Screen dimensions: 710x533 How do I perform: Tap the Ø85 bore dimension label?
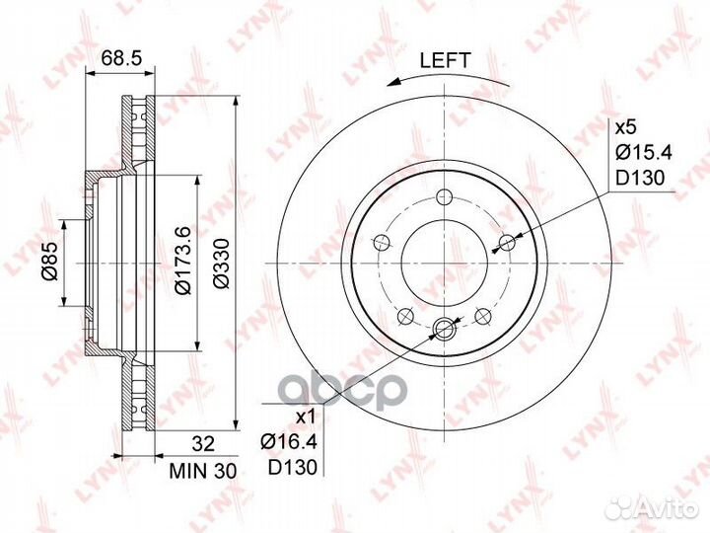pos(49,262)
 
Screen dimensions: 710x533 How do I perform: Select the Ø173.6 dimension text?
pos(183,261)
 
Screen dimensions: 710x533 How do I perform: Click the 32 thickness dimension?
pos(203,444)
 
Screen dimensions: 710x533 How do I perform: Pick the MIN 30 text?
pos(203,472)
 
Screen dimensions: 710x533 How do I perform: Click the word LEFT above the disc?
pos(446,60)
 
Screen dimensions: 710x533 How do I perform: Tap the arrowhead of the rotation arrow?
pos(393,82)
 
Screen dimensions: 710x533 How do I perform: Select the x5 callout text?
pos(626,127)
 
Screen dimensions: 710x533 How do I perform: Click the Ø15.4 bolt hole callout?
pos(644,152)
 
